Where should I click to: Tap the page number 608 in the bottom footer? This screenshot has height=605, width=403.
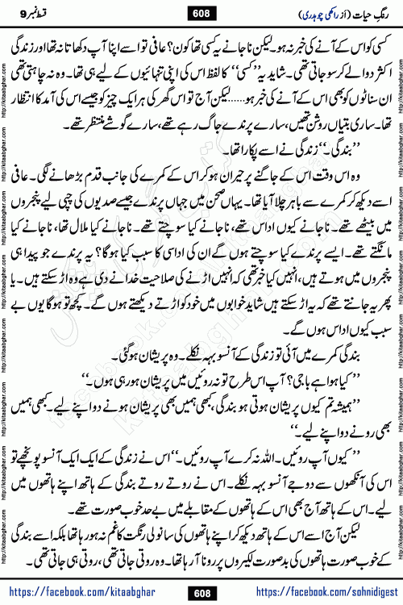(x=201, y=593)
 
